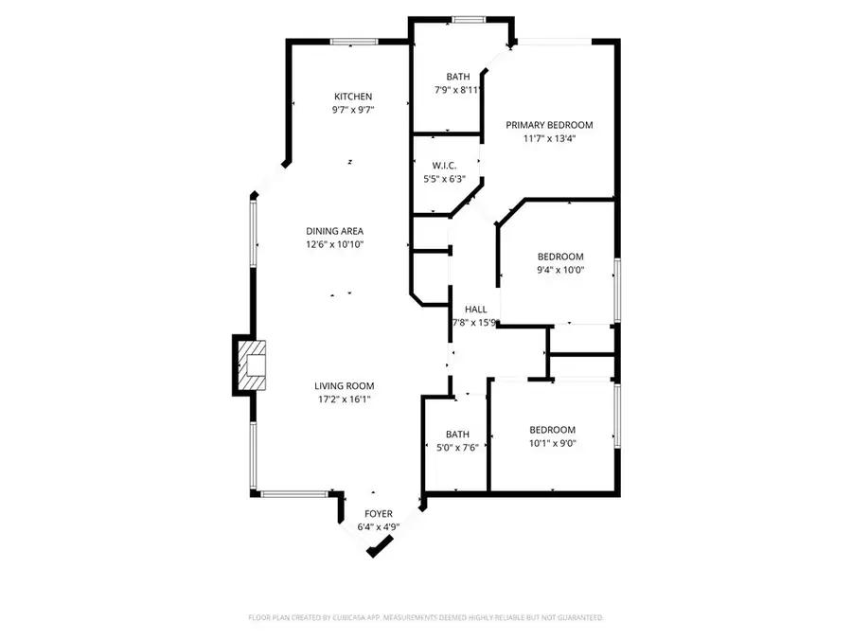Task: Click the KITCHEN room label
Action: (353, 97)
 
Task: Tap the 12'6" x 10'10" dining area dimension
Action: (334, 244)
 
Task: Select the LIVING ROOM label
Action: (345, 385)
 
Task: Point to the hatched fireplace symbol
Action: (253, 364)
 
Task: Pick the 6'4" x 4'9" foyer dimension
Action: (379, 527)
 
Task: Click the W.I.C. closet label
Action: (445, 165)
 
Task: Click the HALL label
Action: (475, 309)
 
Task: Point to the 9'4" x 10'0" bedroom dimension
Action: (560, 270)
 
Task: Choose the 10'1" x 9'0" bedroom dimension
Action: (552, 442)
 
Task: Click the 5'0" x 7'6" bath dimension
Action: (457, 448)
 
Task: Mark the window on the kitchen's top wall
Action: (353, 41)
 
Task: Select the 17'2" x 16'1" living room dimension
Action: (345, 399)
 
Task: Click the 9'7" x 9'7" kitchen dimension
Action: (353, 110)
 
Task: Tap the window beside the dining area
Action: (254, 233)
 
